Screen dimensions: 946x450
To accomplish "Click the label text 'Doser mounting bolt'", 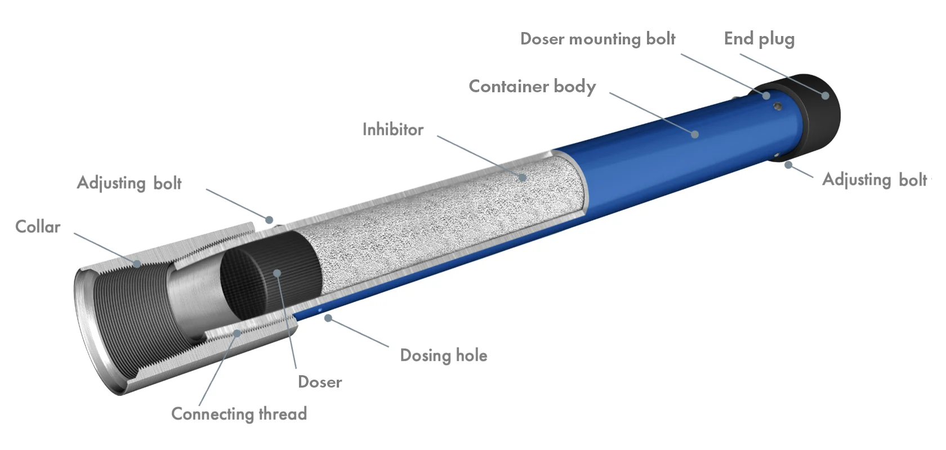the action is tap(597, 39).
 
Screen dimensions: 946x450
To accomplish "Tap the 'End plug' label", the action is tap(759, 39).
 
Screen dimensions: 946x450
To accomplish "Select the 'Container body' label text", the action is tap(532, 87).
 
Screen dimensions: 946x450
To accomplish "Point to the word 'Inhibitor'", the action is tap(393, 129).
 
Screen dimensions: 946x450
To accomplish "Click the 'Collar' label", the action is tap(38, 227).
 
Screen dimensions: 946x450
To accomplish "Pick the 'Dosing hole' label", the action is tap(444, 355).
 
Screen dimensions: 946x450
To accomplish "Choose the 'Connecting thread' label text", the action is tap(239, 414).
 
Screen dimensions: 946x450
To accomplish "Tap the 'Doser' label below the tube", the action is tap(320, 382).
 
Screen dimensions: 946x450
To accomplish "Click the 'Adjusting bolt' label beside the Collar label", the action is tap(130, 183).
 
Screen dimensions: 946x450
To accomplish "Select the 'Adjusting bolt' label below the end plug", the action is tap(874, 180).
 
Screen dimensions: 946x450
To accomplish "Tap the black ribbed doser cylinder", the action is tap(270, 274).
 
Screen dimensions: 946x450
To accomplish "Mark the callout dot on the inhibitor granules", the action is tap(523, 178).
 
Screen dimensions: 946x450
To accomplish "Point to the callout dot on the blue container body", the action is tap(695, 134).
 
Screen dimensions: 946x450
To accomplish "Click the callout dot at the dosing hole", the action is tap(328, 318).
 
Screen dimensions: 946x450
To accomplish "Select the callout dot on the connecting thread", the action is tap(238, 333).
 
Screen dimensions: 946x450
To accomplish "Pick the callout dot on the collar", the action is tap(137, 264).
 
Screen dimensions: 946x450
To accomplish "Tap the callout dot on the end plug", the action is tap(825, 95).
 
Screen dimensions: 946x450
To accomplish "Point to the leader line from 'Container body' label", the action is tap(652, 114).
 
